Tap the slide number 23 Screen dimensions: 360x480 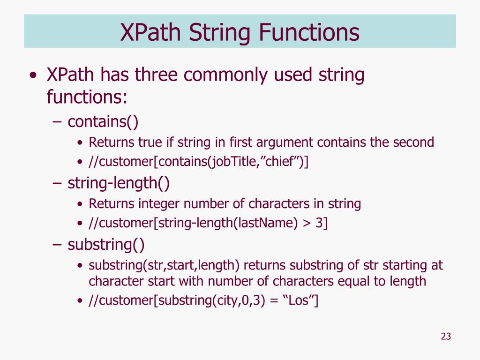tap(446, 337)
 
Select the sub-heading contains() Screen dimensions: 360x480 tap(103, 122)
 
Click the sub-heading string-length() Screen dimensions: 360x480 tap(119, 183)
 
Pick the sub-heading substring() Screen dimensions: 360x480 tap(106, 244)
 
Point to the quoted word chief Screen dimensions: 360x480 tap(283, 162)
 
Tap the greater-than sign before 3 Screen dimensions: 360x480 tap(307, 224)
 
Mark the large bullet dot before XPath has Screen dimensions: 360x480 tap(32, 76)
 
